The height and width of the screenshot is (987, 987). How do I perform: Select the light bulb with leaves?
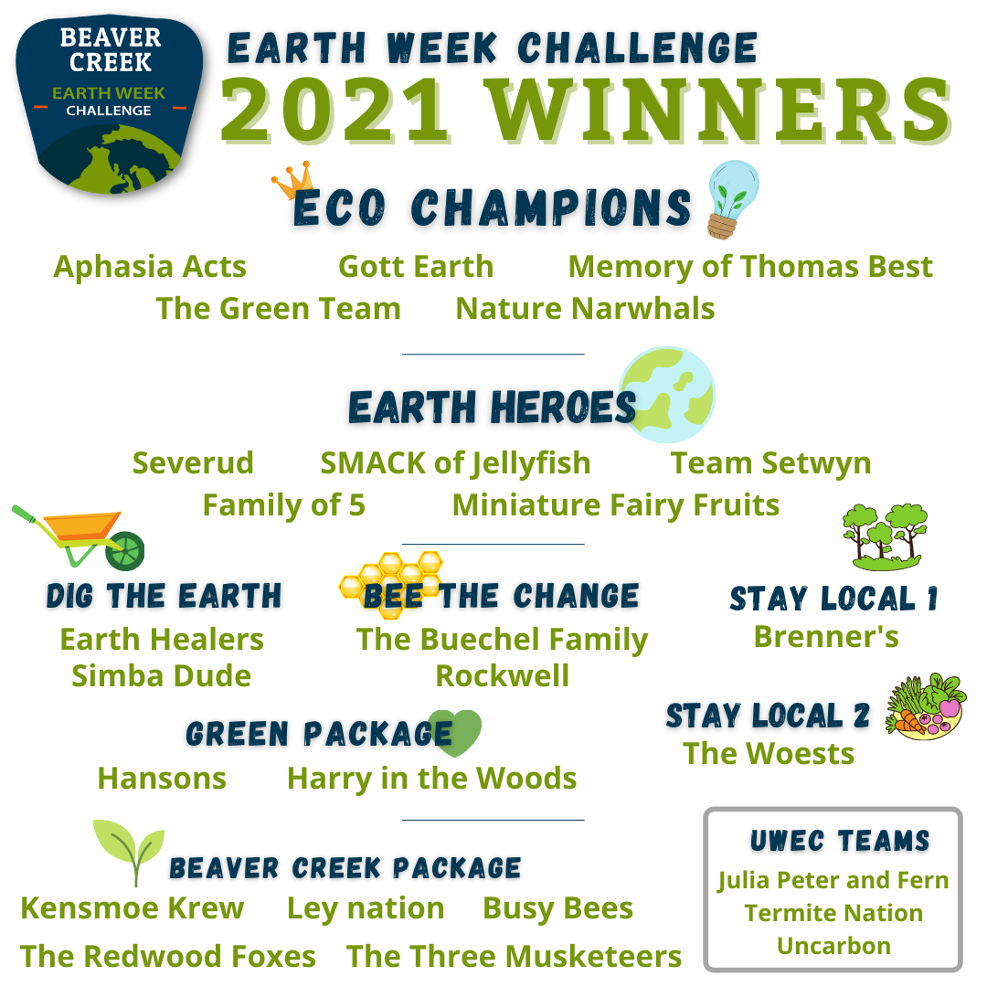(732, 199)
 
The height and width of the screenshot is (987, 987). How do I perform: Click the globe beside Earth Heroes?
(667, 395)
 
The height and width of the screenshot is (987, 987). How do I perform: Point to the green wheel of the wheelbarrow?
(124, 551)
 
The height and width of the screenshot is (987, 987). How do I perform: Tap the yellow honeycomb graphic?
(391, 583)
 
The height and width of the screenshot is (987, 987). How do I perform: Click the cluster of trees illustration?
(885, 537)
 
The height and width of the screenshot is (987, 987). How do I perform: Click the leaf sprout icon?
(129, 851)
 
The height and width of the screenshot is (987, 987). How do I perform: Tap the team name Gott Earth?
(416, 266)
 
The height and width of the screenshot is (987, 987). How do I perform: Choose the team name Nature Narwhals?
(586, 309)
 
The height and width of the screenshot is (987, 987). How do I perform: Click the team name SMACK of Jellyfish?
(456, 463)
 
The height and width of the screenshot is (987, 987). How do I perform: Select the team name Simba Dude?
(162, 676)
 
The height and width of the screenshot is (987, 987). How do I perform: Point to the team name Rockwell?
(503, 676)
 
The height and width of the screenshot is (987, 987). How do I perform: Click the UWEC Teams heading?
(840, 841)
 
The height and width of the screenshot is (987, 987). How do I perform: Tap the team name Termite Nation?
(834, 913)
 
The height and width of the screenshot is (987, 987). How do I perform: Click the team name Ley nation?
(366, 909)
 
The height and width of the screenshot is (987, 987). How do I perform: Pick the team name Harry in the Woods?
(431, 779)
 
